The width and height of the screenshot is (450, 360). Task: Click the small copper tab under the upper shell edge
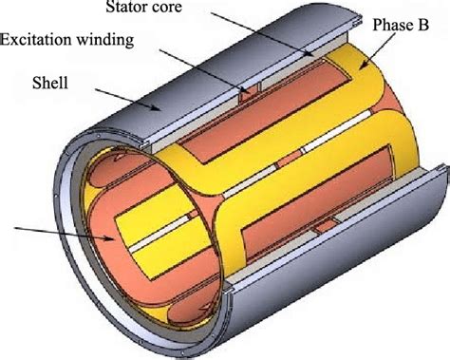coord(248,94)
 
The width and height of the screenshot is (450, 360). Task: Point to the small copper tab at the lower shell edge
coord(326,225)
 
